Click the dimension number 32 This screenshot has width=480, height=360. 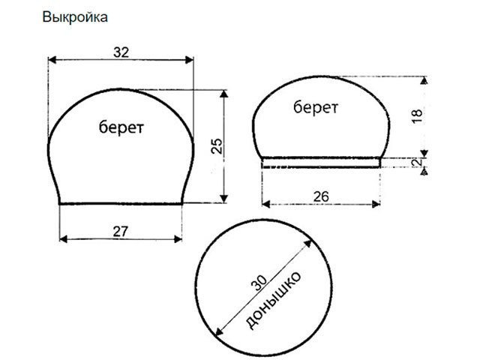click(121, 52)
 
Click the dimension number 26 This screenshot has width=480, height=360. click(322, 196)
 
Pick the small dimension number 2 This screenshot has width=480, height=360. click(418, 162)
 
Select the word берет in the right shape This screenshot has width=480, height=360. click(315, 107)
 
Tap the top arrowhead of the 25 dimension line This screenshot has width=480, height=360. click(224, 91)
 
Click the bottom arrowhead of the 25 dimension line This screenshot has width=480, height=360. click(224, 199)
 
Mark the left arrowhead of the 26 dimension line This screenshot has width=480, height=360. click(265, 203)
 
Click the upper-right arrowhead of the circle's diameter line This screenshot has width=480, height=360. click(310, 241)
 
